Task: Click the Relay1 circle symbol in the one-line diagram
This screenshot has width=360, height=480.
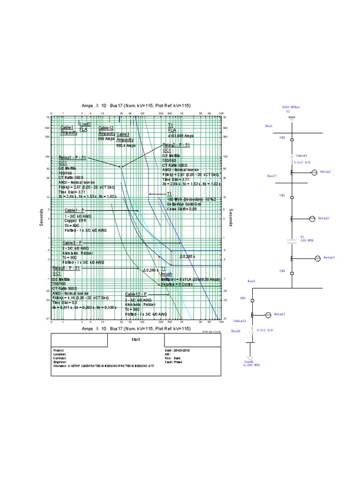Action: (x=315, y=173)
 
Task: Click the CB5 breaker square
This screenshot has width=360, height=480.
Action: (x=291, y=140)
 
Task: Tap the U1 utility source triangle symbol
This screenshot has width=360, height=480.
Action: (x=291, y=119)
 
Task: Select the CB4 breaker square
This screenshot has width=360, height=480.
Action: (x=253, y=299)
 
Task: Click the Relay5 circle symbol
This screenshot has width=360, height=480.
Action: (x=268, y=315)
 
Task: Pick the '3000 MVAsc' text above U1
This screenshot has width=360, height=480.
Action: (x=291, y=107)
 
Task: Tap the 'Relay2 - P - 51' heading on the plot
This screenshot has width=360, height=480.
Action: (x=177, y=145)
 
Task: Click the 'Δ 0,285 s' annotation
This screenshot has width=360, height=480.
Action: (x=187, y=257)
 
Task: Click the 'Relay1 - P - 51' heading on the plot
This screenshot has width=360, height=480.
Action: (x=72, y=157)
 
